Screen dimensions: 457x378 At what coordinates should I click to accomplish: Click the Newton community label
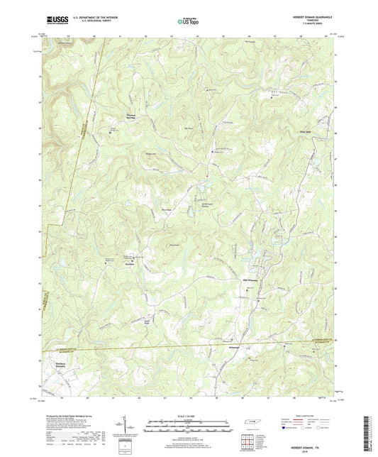point(130,261)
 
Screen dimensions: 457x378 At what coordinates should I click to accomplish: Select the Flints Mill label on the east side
point(306,129)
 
